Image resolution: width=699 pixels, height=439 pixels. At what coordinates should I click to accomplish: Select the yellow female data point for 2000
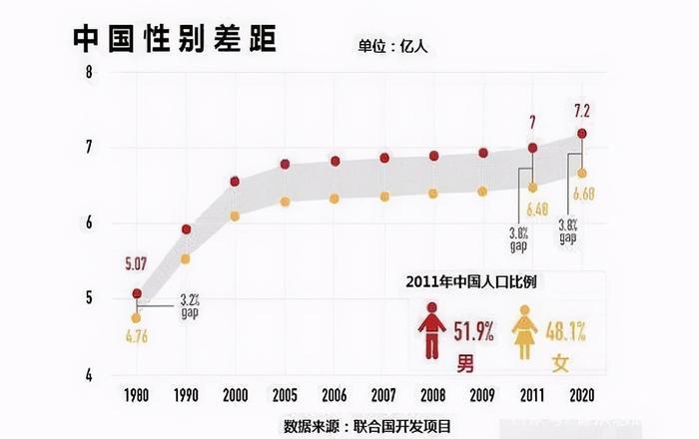coord(235,216)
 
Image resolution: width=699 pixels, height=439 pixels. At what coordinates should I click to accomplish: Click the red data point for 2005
coord(285,164)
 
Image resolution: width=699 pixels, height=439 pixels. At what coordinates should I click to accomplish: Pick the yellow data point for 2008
coord(433,193)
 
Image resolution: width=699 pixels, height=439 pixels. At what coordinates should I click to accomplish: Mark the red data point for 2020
coord(582,133)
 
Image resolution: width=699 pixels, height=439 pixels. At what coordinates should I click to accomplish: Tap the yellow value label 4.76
coord(138,337)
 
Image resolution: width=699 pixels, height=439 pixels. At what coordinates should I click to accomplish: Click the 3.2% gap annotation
coord(191,303)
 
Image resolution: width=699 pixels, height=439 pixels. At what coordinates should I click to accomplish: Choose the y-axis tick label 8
coord(89,73)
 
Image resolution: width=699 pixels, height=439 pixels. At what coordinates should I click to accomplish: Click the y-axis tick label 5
coord(89,298)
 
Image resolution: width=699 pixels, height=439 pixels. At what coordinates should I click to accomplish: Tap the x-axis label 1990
coord(186,393)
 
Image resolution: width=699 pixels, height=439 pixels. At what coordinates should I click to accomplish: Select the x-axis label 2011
coord(532,393)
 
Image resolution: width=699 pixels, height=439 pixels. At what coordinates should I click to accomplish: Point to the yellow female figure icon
coord(524,331)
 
